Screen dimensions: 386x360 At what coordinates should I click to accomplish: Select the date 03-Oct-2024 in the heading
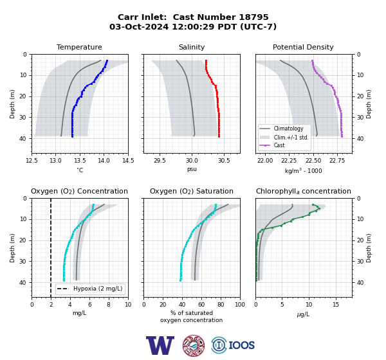point(139,26)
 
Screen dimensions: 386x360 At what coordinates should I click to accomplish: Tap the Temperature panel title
point(79,47)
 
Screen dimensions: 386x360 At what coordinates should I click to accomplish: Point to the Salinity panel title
point(192,47)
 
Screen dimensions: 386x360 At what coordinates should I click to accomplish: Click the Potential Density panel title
point(303,47)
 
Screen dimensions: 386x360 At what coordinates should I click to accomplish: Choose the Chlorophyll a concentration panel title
point(303,191)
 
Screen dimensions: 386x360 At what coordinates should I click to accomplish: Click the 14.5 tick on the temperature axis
point(128,161)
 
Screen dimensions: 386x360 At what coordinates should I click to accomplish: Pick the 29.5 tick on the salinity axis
point(160,161)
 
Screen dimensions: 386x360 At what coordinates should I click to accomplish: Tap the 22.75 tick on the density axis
point(337,161)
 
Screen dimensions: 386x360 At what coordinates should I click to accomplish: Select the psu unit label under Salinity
point(192,169)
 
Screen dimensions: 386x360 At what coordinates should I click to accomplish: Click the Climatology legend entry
point(288,129)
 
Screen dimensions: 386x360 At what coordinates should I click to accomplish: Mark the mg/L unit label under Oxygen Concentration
point(79,313)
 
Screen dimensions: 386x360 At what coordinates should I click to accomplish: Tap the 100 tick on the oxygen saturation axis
point(240,305)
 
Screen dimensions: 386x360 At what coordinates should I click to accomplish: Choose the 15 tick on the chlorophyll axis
point(336,305)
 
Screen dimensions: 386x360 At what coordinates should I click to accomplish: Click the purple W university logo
point(160,345)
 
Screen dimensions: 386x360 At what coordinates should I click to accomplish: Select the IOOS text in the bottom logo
point(241,345)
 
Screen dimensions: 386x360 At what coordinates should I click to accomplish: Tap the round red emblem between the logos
point(194,345)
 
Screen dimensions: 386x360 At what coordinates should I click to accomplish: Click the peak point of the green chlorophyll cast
point(319,209)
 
